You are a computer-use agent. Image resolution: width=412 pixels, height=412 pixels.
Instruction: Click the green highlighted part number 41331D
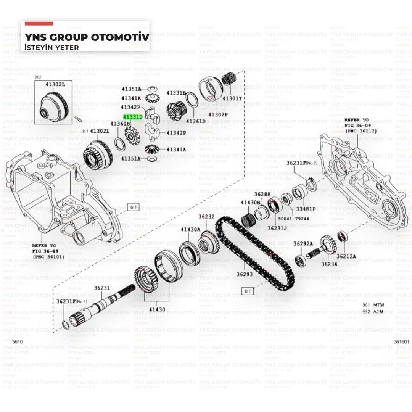tap(132, 117)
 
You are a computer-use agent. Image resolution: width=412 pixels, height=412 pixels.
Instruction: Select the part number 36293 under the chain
tap(245, 274)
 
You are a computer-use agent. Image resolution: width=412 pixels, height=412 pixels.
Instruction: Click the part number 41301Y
tap(232, 98)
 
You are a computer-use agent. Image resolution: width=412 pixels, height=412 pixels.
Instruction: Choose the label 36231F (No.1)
tap(72, 301)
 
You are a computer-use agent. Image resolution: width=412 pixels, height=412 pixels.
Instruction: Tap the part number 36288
tap(262, 194)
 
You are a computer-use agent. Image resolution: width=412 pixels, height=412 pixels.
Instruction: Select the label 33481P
tap(306, 209)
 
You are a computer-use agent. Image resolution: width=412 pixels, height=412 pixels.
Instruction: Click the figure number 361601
tap(401, 342)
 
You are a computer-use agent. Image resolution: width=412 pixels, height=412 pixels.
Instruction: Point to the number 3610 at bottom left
tap(17, 342)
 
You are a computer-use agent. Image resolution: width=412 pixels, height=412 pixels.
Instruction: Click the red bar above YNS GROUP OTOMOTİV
tap(39, 24)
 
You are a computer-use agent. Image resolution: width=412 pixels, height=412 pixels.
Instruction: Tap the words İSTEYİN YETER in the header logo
tap(51, 47)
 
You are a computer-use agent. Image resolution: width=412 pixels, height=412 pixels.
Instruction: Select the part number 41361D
tap(196, 121)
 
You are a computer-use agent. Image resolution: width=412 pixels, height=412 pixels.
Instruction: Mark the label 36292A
tap(303, 243)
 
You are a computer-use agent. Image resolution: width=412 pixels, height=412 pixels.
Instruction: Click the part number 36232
tap(206, 216)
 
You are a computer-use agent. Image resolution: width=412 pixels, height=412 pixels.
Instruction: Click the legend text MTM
tap(378, 305)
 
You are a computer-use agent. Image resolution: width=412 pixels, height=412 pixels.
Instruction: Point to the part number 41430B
tap(251, 202)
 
